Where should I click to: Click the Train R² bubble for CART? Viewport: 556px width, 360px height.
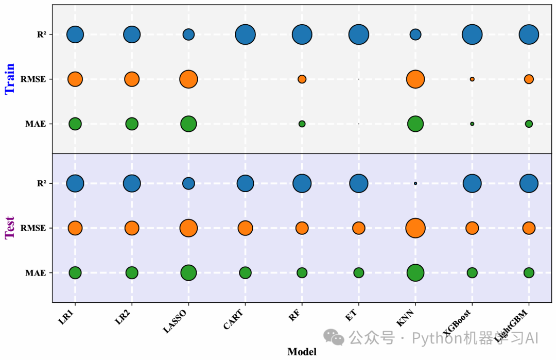(245, 35)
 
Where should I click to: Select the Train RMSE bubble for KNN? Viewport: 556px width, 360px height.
(415, 79)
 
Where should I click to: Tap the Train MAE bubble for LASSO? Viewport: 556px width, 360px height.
(188, 124)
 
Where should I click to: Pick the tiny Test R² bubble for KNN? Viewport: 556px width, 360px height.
(415, 183)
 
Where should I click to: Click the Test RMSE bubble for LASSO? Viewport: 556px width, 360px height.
(188, 228)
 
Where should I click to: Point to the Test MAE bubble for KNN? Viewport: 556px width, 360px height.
(415, 272)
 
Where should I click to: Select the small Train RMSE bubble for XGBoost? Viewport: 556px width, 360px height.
(472, 79)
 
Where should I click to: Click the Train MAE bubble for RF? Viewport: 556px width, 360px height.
(302, 124)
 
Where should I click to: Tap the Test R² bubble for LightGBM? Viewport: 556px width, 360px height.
(529, 183)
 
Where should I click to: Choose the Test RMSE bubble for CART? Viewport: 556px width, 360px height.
(245, 228)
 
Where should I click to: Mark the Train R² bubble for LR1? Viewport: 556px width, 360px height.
(75, 35)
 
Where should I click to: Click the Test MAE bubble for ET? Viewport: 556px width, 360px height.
(359, 272)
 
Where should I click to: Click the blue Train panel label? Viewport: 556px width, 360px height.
(10, 79)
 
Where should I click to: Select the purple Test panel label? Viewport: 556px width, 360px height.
(10, 228)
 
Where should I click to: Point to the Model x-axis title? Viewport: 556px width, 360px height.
(302, 352)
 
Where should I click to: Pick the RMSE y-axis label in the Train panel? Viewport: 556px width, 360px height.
(33, 79)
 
